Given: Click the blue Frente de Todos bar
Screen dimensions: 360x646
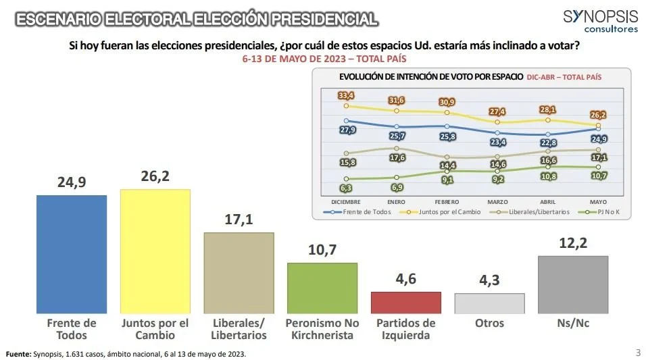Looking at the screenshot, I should click(x=71, y=253).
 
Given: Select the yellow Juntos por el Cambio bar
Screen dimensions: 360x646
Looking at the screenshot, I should click(x=155, y=251).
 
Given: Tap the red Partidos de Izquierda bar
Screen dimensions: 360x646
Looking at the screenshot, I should click(x=406, y=302).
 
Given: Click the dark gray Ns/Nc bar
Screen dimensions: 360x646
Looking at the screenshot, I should click(x=573, y=284).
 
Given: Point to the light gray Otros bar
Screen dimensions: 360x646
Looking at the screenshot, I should click(x=489, y=303).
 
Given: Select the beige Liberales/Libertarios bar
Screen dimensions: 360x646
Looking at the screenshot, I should click(x=239, y=272).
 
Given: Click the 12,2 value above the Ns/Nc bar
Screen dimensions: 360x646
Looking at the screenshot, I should click(x=573, y=243).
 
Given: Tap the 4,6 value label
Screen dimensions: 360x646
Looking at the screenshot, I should click(x=406, y=279).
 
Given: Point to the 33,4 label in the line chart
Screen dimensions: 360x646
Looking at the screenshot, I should click(x=346, y=95).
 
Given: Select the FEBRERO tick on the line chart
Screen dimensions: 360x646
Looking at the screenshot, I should click(x=447, y=201).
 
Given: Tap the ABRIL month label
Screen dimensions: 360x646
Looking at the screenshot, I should click(x=548, y=201).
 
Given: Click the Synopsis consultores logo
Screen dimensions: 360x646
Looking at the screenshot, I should click(x=600, y=21).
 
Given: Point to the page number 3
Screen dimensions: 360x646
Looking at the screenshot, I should click(x=638, y=352).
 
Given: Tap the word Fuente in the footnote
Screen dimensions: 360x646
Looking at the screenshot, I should click(x=18, y=354).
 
